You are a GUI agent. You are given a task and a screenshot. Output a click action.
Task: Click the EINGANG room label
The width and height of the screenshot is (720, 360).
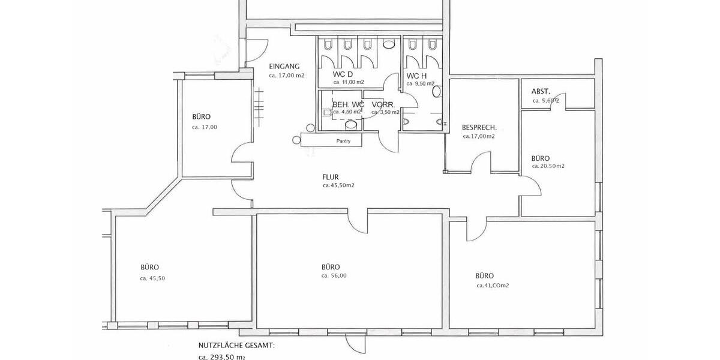pos(284,67)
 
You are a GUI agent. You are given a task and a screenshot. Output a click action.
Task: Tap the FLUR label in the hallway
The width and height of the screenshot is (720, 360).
pos(331,177)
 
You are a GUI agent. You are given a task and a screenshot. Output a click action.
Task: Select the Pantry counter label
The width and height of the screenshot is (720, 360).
pos(344,141)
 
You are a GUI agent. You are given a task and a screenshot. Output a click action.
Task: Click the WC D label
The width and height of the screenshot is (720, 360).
pos(343,74)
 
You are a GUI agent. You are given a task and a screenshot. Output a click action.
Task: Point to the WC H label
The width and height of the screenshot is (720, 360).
pos(416,76)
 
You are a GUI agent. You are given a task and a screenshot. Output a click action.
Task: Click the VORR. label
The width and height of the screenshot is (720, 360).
pos(383,104)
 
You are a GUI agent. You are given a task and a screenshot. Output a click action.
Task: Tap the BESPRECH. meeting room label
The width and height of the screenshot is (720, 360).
pos(479,128)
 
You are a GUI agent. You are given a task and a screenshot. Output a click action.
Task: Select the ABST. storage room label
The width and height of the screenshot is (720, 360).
pos(541,91)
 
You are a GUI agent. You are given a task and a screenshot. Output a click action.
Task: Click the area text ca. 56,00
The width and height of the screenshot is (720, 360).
pos(334,276)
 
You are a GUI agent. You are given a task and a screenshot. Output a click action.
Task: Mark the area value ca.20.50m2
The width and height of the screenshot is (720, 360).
pos(548,166)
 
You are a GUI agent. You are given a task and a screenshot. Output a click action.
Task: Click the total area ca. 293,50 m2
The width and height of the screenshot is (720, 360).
pos(221,356)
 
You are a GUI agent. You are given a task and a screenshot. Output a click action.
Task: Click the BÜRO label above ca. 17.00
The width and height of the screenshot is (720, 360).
pos(202,116)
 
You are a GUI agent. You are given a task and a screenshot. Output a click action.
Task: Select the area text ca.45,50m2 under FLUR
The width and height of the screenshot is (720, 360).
pos(338,185)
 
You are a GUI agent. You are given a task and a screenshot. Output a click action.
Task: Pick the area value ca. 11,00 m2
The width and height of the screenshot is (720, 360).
pos(349,82)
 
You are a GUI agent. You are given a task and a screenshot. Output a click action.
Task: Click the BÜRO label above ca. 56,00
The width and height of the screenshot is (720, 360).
pos(331,267)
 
